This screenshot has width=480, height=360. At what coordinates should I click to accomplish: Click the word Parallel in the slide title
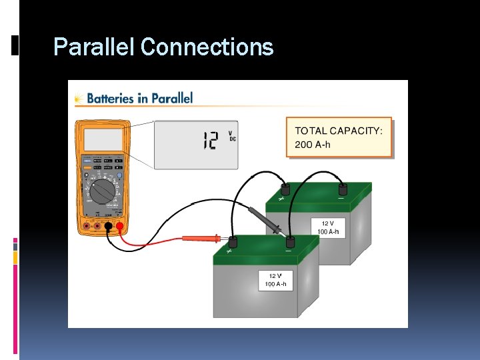coord(95,47)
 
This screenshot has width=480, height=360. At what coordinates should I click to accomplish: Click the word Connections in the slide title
coord(207,47)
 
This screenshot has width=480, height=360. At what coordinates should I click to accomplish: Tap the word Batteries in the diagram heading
coord(110,98)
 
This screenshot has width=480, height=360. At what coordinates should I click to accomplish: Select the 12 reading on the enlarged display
coord(210,140)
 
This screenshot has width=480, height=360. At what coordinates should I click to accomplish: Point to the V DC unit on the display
coord(232,136)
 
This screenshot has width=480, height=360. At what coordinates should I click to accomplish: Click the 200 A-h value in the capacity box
coord(313,145)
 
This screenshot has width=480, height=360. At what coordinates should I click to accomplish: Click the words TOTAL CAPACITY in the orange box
coord(339,131)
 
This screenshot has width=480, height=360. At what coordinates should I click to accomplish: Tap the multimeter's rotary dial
coord(103,193)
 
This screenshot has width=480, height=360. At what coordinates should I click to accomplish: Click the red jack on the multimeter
coord(120,227)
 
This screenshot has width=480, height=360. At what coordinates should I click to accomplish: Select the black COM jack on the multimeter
coord(108,227)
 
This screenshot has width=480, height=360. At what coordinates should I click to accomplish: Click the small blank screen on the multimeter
coord(103,139)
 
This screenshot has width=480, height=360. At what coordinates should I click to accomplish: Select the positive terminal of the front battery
coord(233,241)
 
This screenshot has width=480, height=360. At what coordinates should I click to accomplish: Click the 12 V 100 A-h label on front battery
coord(276,280)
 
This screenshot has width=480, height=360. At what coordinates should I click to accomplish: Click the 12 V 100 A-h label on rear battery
coord(328,227)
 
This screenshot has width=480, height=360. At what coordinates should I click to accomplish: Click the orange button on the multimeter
coord(87,168)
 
